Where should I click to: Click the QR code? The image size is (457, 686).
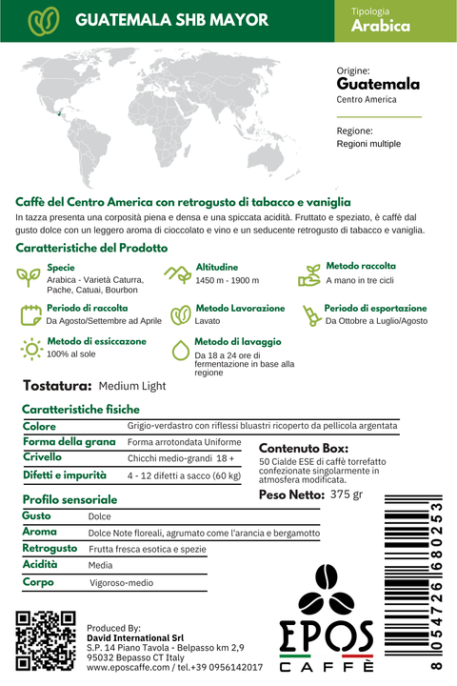46,641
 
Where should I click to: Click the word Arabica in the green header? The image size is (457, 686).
381,27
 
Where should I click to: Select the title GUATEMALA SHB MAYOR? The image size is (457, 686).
171,20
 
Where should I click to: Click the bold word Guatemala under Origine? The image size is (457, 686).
378,84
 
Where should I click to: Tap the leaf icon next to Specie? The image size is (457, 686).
30,274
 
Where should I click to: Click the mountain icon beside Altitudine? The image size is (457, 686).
177,274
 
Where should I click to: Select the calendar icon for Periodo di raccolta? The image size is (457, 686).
30,314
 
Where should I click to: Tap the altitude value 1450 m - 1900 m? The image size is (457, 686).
227,281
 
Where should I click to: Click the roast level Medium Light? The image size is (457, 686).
131,386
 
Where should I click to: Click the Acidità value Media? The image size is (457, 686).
100,565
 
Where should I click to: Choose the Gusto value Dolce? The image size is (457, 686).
99,516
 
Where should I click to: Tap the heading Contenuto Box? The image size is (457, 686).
303,448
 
